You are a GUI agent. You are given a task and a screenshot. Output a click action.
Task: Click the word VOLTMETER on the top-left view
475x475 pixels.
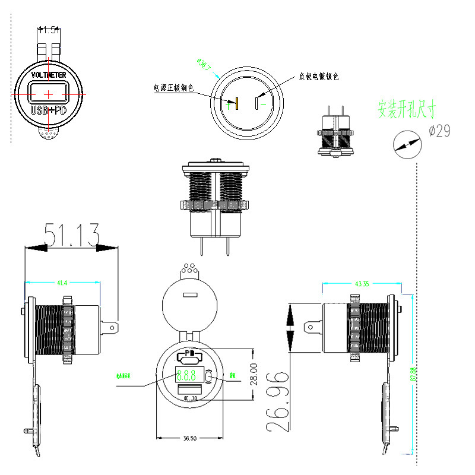pos(49,75)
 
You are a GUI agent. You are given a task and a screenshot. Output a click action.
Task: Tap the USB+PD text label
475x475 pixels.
pos(49,110)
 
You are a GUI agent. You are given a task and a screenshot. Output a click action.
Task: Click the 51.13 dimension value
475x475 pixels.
pos(71,236)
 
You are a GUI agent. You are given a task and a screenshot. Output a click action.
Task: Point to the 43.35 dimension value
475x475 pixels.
pos(362,284)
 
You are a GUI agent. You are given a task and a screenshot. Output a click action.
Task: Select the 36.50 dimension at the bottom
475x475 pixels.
pos(189,438)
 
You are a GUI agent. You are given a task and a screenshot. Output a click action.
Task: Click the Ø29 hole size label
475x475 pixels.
pos(439,131)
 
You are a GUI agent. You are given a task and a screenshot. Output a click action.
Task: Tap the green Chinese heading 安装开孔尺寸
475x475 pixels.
pos(407,109)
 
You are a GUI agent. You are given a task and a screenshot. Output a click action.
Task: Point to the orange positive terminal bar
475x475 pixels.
pos(236,104)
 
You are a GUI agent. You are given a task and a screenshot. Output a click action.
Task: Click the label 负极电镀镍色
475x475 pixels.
pos(318,77)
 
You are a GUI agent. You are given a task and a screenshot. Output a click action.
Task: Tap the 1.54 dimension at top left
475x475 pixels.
pos(49,28)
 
